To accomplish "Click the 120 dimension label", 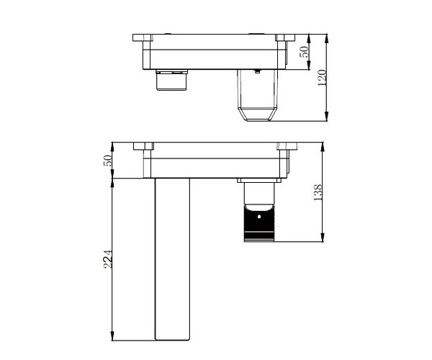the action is pyautogui.click(x=322, y=77).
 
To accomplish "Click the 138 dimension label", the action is pyautogui.click(x=318, y=192).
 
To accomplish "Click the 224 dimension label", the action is pyautogui.click(x=108, y=259).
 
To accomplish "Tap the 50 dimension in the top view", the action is pyautogui.click(x=304, y=52).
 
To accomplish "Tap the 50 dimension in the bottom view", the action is pyautogui.click(x=107, y=161).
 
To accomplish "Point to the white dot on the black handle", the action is pyautogui.click(x=258, y=217).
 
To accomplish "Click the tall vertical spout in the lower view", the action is pyautogui.click(x=173, y=259).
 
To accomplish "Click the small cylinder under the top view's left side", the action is pyautogui.click(x=171, y=80).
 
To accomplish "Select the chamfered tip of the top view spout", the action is pyautogui.click(x=258, y=114).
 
